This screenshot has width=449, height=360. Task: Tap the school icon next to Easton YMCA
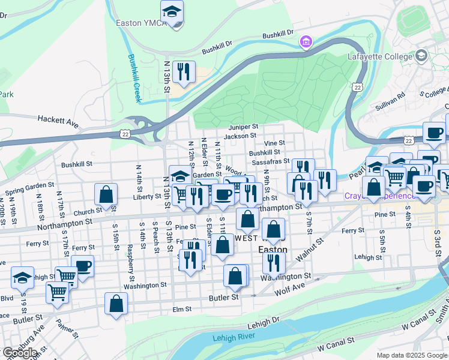172,12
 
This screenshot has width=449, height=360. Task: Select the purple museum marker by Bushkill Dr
306,42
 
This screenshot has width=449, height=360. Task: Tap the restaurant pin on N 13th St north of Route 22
184,72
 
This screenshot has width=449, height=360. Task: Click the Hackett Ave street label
58,122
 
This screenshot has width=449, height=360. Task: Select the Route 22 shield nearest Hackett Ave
125,132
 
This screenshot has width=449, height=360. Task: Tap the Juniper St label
243,127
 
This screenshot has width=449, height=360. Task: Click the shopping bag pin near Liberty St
106,194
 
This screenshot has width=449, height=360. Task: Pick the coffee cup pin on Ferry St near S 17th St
82,265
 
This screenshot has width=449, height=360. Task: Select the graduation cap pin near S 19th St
22,277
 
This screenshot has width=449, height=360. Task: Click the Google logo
19,352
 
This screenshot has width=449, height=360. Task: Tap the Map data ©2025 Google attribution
412,355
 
